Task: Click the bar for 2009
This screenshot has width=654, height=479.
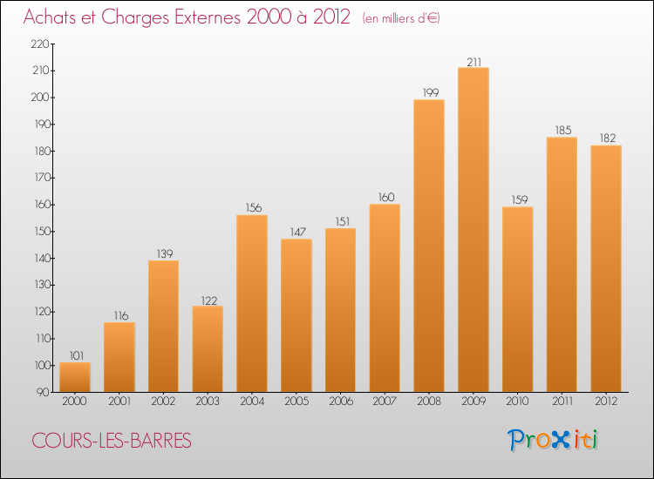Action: pyautogui.click(x=473, y=230)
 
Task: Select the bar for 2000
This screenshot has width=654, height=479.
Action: pyautogui.click(x=75, y=377)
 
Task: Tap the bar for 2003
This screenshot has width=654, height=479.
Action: pyautogui.click(x=208, y=348)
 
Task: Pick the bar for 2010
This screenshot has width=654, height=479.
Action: pyautogui.click(x=517, y=299)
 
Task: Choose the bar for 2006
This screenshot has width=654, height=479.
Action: pyautogui.click(x=340, y=309)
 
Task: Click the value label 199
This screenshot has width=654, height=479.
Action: pyautogui.click(x=429, y=92)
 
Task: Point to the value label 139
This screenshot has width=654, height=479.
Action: pyautogui.click(x=163, y=253)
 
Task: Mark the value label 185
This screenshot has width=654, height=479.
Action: pyautogui.click(x=562, y=130)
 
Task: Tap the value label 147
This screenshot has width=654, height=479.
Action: pyautogui.click(x=296, y=232)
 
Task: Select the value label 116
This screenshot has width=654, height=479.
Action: pyautogui.click(x=119, y=315)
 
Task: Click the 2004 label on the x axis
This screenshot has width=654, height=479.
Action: pyautogui.click(x=252, y=401)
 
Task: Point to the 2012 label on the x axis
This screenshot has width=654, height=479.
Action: pyautogui.click(x=606, y=401)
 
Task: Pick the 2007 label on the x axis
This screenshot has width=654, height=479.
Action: pyautogui.click(x=385, y=401)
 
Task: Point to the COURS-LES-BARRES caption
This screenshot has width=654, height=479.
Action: pyautogui.click(x=111, y=441)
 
